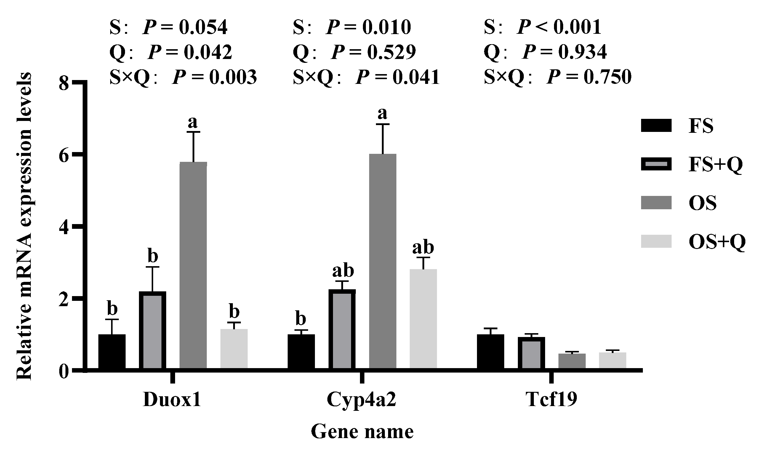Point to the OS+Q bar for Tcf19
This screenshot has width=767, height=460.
coord(612,360)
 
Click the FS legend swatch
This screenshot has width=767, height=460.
coord(656,126)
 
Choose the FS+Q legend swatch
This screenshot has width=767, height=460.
coord(656,164)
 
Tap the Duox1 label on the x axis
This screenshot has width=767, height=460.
coord(172,400)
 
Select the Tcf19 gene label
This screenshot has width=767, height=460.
coord(551,400)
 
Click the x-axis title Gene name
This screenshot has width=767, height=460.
coord(362,432)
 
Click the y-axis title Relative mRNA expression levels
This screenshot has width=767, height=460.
coord(24,226)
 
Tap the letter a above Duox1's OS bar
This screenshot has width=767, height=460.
coord(193,122)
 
